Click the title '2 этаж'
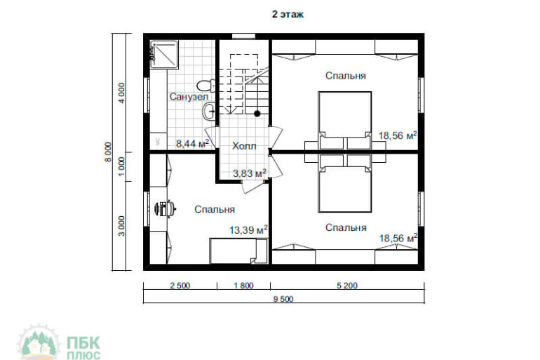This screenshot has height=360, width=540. tap(288, 15)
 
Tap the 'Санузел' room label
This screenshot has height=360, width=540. tap(189, 96)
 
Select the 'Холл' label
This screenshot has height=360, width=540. tap(244, 146)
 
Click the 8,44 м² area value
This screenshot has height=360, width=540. tap(193, 143)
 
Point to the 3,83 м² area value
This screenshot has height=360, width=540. tap(250, 173)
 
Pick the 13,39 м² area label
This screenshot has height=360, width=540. tap(249, 229)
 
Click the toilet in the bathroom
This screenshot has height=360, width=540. tap(206, 85)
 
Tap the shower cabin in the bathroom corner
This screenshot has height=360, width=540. tap(164, 55)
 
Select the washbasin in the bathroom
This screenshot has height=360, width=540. tap(209, 111)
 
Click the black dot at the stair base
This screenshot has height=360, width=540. tap(257, 114)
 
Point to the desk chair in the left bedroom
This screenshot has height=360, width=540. tap(165, 208)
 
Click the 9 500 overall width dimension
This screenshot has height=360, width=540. tap(283, 299)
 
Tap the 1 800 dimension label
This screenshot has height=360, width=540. tap(243, 285)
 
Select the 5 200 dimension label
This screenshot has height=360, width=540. tap(347, 285)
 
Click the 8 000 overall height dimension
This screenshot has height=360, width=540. tap(109, 152)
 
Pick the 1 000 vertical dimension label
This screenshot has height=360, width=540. tap(121, 166)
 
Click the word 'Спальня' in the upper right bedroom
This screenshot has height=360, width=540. tap(346, 76)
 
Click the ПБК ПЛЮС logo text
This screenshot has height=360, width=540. tap(83, 348)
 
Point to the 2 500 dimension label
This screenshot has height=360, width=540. tap(180, 285)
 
